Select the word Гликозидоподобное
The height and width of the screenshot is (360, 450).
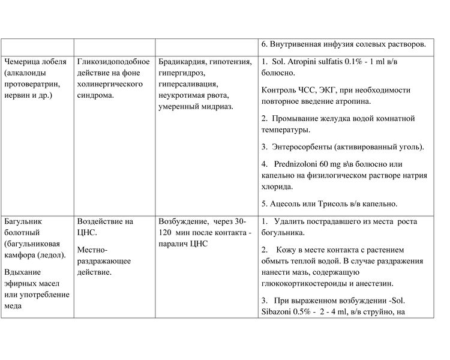point(113,61)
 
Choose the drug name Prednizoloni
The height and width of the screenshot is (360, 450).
point(301,163)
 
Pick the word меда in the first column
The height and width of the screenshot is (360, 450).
point(14,306)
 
